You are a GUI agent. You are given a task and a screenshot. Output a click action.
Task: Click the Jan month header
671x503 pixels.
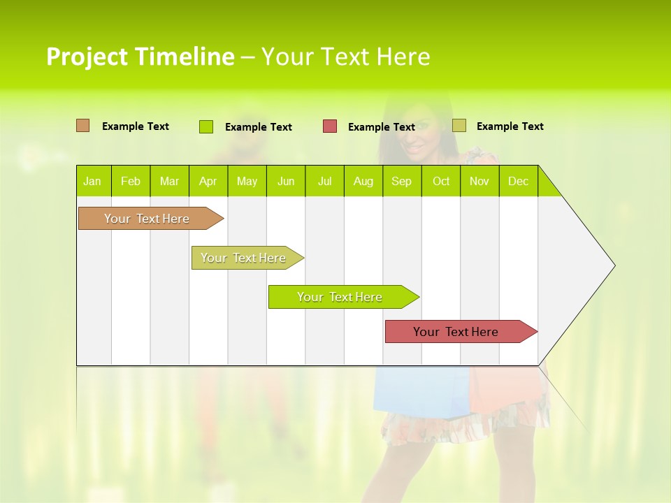(92, 181)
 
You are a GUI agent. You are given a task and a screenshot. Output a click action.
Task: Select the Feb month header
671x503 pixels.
(131, 181)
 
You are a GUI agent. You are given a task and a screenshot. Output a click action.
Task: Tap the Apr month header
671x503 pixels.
(208, 181)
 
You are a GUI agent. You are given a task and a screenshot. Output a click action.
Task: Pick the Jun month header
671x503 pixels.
(286, 181)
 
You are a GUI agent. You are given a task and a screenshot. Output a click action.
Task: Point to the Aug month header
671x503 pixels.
(363, 181)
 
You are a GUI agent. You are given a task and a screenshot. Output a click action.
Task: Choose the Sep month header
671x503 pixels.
(401, 181)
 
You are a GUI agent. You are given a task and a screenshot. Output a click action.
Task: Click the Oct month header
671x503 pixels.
(441, 181)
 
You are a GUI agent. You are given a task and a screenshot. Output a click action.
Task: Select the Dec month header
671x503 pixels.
(518, 181)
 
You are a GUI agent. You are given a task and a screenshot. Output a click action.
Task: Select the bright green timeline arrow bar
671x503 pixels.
(340, 297)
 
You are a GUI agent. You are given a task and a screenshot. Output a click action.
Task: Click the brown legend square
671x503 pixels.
(82, 126)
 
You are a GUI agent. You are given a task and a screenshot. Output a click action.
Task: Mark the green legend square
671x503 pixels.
(206, 126)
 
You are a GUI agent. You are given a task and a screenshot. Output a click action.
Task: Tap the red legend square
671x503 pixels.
(330, 126)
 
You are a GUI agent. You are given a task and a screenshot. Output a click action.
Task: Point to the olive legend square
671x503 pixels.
(459, 126)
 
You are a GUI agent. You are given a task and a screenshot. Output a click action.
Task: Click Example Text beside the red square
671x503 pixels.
(381, 127)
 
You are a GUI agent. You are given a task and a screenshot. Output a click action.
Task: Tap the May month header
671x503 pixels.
(247, 181)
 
